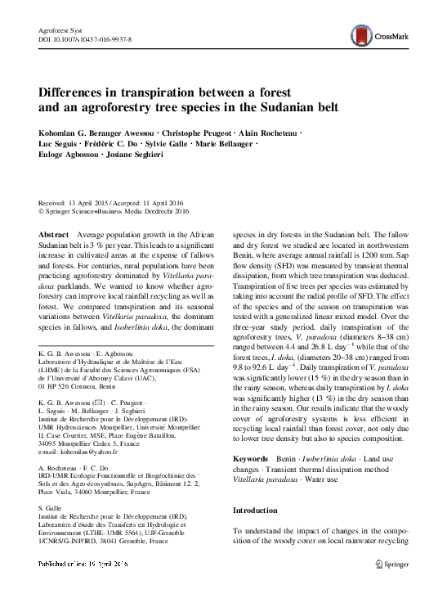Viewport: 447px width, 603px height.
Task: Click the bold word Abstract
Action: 54,234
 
